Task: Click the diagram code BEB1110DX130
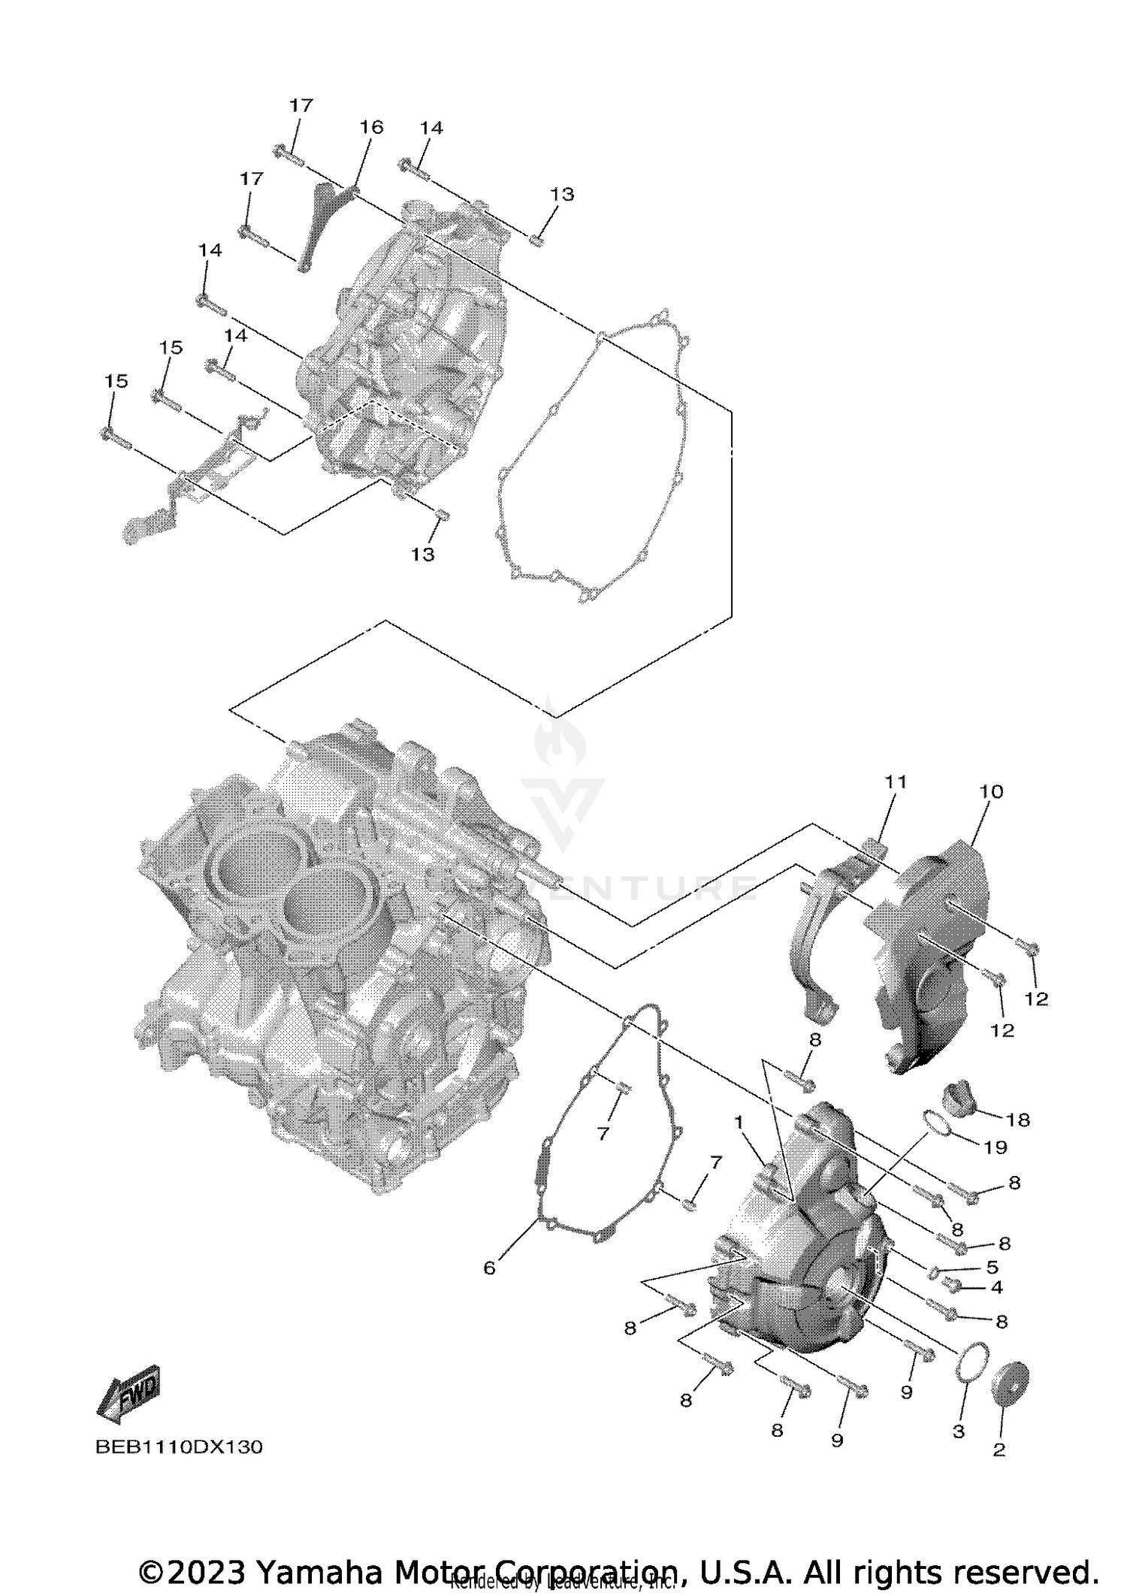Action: [179, 1447]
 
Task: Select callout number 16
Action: [371, 127]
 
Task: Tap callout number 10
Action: [991, 791]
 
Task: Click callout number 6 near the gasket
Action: [489, 1268]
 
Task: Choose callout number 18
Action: [1017, 1120]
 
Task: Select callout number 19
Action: [995, 1147]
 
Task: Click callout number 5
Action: [992, 1268]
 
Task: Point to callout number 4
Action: [996, 1287]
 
